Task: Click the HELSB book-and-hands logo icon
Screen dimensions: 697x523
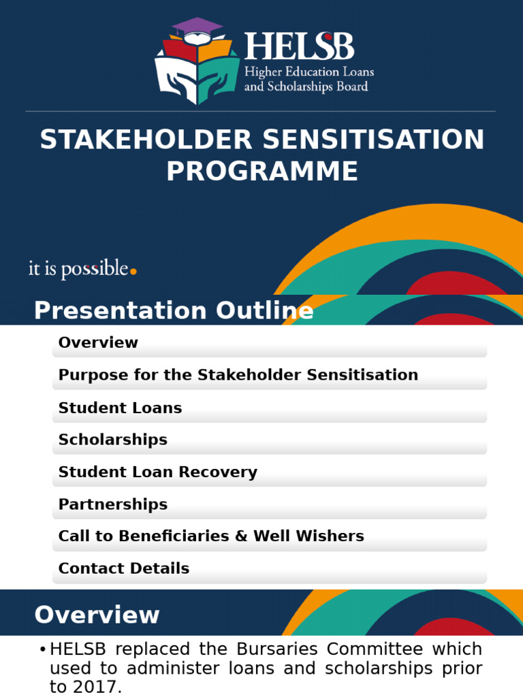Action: pos(197,65)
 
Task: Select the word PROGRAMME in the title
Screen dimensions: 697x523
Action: pos(262,172)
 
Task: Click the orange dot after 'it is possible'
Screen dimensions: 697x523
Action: pos(133,272)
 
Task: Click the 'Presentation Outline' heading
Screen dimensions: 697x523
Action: pos(174,311)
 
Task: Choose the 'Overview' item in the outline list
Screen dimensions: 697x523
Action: pos(98,343)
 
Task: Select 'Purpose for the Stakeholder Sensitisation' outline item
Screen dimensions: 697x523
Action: pos(238,375)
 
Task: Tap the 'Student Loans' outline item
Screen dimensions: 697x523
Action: pos(120,408)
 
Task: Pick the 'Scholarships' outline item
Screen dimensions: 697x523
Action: pos(112,440)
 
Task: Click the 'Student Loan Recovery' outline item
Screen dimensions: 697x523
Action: pos(157,472)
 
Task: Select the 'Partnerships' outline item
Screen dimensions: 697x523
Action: pos(112,504)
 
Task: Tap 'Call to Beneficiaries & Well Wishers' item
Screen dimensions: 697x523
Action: pos(211,536)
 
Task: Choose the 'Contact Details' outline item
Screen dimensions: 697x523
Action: pos(124,568)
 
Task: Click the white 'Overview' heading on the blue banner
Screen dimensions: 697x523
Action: pos(97,615)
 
